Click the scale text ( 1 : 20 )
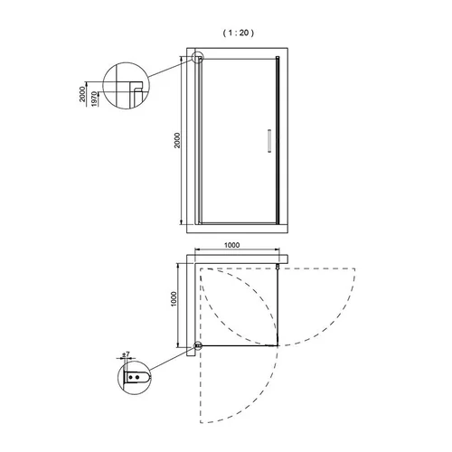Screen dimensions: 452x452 (238, 33)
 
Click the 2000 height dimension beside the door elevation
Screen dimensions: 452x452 (177, 140)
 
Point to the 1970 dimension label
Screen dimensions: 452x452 (95, 99)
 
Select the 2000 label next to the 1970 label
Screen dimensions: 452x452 (82, 94)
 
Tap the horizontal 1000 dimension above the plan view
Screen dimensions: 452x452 (232, 245)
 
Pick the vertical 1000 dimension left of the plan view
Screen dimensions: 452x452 (174, 299)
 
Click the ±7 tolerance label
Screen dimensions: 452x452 (126, 354)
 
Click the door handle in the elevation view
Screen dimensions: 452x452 (269, 141)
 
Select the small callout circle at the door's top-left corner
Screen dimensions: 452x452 (198, 57)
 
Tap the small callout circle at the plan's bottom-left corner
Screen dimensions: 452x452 (198, 345)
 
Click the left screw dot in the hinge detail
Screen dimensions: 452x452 (131, 377)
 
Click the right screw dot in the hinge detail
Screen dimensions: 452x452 (137, 377)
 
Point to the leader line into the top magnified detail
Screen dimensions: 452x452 (171, 68)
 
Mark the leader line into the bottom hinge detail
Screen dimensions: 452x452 (173, 359)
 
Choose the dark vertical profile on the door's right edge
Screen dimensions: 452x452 (278, 140)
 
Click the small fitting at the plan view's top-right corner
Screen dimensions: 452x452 (278, 267)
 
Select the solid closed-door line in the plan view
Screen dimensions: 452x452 (239, 345)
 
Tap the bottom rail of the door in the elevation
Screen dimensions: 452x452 (239, 223)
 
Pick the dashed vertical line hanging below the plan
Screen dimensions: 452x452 (201, 384)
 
